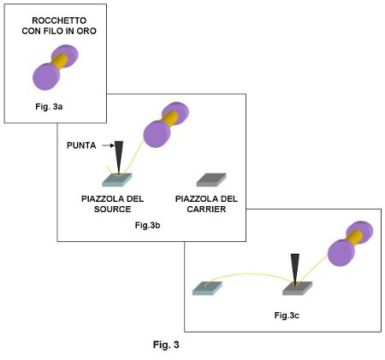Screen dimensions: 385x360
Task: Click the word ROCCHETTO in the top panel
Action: pos(59,21)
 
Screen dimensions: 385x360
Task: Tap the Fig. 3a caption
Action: pos(49,107)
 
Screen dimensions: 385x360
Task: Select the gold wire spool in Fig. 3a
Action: pos(56,68)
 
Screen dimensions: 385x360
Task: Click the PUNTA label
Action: pos(81,145)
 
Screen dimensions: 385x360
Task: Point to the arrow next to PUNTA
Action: pos(108,145)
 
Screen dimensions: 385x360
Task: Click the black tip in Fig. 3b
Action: pos(119,157)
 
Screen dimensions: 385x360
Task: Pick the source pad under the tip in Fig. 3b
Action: pos(117,180)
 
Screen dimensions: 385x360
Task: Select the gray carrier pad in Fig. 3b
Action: pos(211,180)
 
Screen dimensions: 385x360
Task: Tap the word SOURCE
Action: pos(113,209)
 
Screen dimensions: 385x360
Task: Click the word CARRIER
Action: pos(206,209)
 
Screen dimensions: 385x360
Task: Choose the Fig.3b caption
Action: pos(147,225)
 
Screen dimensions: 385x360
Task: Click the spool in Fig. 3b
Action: pos(166,125)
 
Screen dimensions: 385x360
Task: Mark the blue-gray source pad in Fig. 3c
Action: pos(207,288)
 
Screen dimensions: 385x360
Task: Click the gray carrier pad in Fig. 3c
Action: pos(298,288)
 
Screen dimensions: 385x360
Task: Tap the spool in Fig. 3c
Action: pos(351,244)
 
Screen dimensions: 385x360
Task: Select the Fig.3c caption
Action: pos(287,316)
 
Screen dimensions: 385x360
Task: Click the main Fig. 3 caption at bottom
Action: pos(166,345)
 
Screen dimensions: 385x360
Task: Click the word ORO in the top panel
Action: pos(86,31)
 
